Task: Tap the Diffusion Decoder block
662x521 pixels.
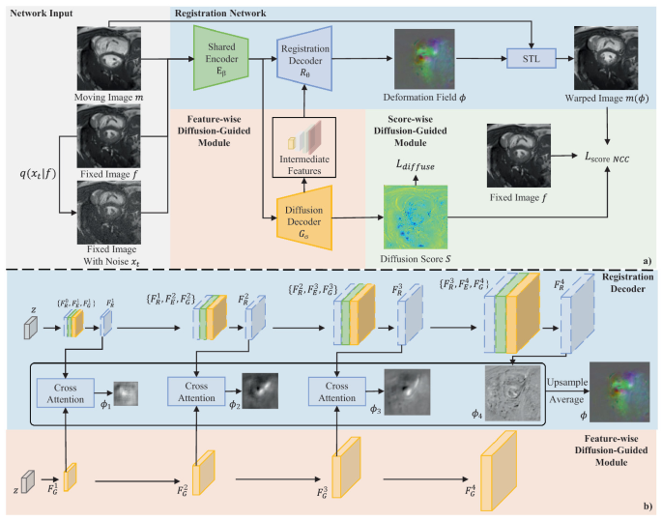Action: pos(304,212)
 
